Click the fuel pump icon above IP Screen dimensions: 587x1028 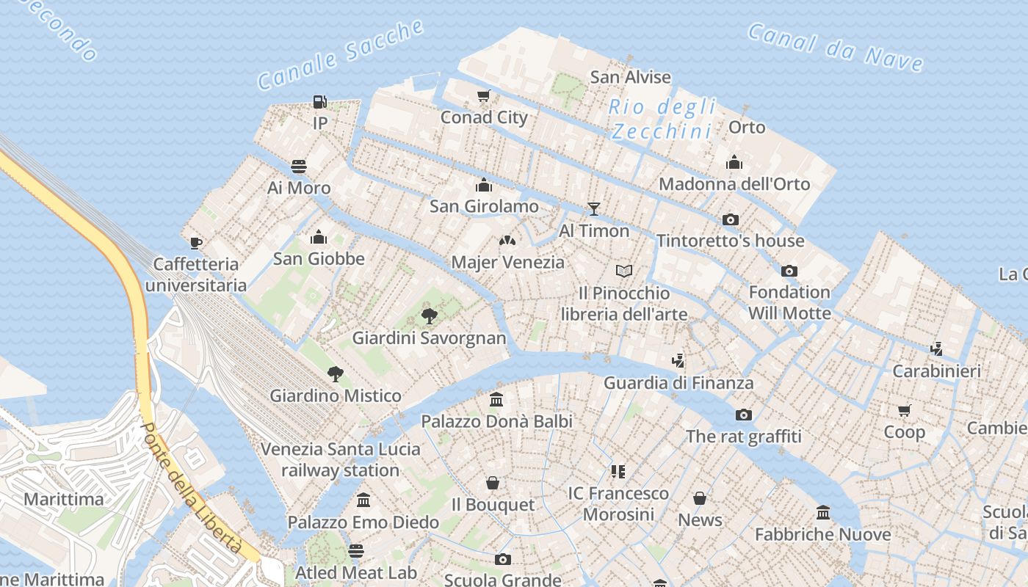(319, 102)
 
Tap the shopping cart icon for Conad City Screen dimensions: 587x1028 (483, 96)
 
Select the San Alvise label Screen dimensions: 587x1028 (631, 77)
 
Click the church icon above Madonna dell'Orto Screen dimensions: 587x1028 (734, 163)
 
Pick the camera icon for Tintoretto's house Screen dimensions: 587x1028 (730, 219)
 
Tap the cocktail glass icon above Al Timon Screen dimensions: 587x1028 (594, 209)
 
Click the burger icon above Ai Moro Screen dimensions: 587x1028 (298, 166)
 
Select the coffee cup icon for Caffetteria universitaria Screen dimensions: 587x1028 (195, 243)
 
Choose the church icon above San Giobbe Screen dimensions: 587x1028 (319, 237)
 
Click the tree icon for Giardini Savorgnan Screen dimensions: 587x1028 (429, 316)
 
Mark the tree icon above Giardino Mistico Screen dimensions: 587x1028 (335, 374)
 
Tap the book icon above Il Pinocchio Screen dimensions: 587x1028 (624, 271)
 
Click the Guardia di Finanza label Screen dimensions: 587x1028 (678, 383)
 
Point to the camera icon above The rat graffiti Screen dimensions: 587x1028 (743, 415)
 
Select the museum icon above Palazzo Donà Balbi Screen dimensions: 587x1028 (496, 400)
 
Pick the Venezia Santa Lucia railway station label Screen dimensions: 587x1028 (341, 459)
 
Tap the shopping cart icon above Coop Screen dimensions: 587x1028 (904, 410)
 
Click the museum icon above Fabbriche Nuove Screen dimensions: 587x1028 (822, 512)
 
